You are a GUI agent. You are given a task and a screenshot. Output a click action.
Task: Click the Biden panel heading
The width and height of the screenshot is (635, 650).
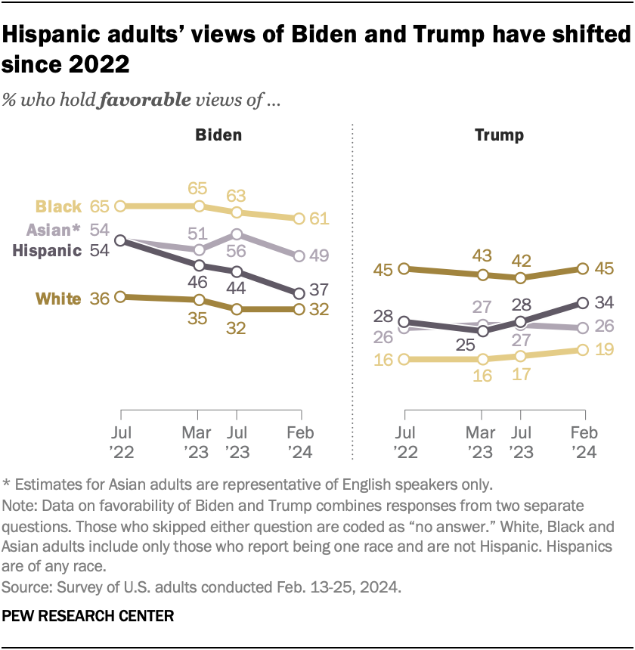pos(218,135)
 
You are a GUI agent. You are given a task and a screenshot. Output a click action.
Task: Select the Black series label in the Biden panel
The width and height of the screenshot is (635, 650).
pos(59,206)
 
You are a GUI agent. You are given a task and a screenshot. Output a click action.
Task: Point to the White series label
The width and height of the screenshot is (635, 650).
pos(58,299)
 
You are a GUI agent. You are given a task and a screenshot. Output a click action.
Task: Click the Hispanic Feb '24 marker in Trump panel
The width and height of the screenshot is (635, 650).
pos(583,303)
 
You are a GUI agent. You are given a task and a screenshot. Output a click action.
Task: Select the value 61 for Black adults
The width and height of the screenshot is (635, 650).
pos(317,219)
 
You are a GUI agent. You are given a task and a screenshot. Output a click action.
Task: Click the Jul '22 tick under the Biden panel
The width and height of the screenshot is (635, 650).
pos(121,444)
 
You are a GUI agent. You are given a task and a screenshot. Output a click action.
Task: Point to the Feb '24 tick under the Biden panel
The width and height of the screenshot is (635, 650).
pos(301,444)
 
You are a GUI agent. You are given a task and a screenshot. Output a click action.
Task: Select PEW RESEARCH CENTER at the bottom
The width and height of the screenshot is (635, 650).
pos(88,616)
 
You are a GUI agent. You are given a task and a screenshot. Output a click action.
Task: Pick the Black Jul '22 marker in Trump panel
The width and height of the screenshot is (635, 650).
pos(404,359)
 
